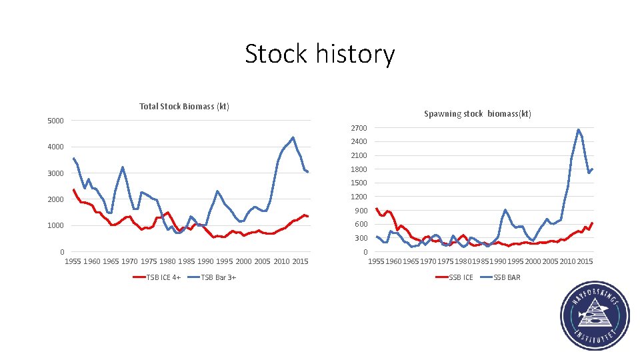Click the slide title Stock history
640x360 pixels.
click(319, 54)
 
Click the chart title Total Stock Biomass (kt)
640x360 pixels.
click(184, 107)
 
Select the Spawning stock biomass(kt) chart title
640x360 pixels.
click(477, 114)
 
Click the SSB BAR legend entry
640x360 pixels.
click(507, 277)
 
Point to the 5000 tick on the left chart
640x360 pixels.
click(55, 121)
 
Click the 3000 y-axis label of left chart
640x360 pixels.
click(55, 173)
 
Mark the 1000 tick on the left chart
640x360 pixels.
click(55, 226)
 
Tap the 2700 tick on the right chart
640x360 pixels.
click(359, 128)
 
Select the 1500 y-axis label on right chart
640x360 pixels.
click(359, 183)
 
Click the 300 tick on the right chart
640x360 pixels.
click(361, 238)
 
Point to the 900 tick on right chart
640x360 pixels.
click(361, 211)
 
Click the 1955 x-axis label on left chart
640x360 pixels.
click(73, 261)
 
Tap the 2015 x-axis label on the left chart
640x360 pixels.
click(300, 261)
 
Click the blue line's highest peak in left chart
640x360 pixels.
click(293, 138)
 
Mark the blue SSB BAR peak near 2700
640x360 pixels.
click(578, 130)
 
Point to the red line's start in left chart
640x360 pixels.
click(73, 189)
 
